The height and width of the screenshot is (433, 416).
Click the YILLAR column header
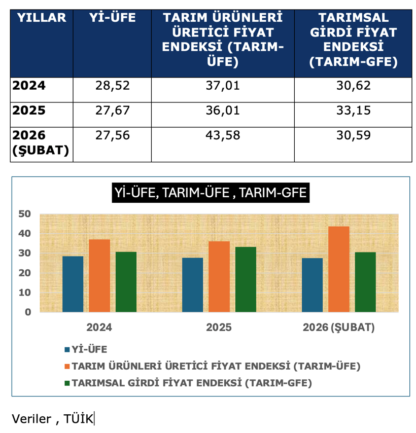(x=42, y=18)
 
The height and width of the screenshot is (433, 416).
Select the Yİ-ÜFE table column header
(x=112, y=18)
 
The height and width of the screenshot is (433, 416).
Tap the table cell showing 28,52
(x=113, y=86)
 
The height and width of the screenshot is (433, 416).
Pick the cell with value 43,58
(x=223, y=135)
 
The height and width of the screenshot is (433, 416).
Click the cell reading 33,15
(x=353, y=110)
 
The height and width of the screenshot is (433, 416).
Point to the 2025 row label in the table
(x=29, y=110)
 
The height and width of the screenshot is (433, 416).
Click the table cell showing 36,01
(x=223, y=110)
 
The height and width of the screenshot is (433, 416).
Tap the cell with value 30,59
(x=353, y=135)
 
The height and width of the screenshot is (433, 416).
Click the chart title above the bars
(x=211, y=193)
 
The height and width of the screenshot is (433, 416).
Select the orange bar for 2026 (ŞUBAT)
(x=339, y=269)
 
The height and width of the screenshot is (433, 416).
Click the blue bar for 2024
(x=73, y=284)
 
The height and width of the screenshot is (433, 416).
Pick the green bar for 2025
(x=246, y=279)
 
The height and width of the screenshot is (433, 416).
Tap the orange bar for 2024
(x=99, y=275)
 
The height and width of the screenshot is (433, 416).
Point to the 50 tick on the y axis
(x=24, y=214)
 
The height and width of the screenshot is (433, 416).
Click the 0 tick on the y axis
(x=28, y=312)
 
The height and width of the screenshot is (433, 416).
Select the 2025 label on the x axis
(x=219, y=328)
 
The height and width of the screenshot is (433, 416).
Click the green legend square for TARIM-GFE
(x=67, y=383)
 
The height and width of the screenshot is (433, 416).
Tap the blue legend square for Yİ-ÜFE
(x=67, y=349)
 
